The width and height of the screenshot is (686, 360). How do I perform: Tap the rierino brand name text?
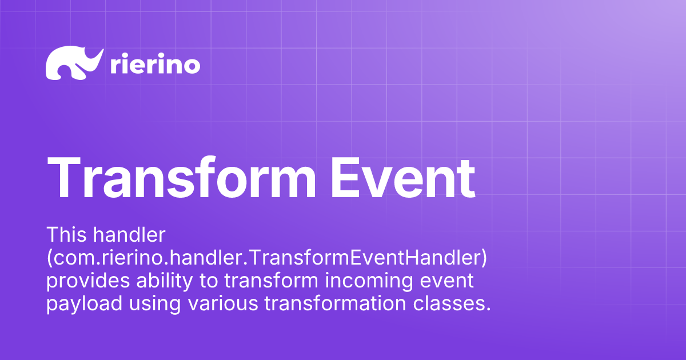154,65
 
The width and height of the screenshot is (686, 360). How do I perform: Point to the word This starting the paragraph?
66,235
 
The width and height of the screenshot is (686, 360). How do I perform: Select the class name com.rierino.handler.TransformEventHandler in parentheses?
267,258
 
